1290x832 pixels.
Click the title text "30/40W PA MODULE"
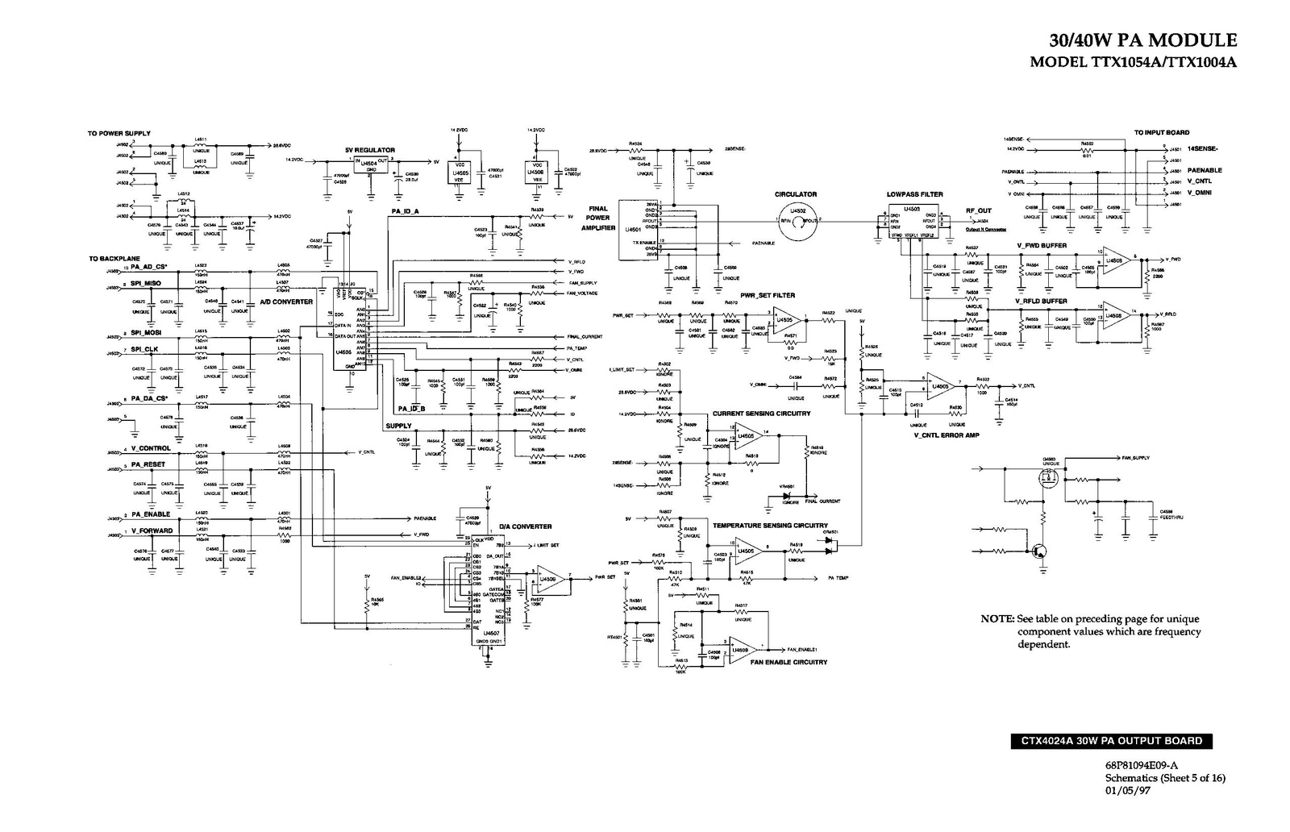1142,40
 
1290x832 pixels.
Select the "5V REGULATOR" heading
369,150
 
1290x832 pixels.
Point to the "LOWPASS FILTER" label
914,194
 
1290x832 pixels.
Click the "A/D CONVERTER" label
286,302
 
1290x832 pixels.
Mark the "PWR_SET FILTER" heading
768,295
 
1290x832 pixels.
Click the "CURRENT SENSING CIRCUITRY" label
761,414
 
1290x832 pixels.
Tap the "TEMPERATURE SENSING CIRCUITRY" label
770,525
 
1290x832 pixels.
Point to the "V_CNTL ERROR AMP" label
947,435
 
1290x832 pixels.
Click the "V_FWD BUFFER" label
1041,245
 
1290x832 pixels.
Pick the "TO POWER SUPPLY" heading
119,133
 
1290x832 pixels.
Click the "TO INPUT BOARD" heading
1161,132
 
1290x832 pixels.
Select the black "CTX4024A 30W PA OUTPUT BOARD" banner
1111,741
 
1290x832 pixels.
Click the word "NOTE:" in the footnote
997,618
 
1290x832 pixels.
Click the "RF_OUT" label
979,210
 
